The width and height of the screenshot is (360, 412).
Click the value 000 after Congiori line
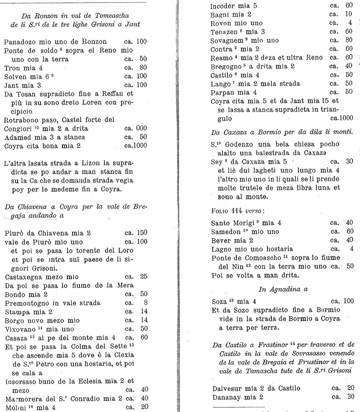(x=141, y=129)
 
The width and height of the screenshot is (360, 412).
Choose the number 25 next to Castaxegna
(x=143, y=277)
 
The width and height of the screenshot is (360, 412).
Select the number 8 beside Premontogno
(x=145, y=303)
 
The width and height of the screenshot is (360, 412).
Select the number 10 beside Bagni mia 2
(x=348, y=14)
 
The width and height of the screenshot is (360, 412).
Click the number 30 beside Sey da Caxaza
(x=349, y=161)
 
